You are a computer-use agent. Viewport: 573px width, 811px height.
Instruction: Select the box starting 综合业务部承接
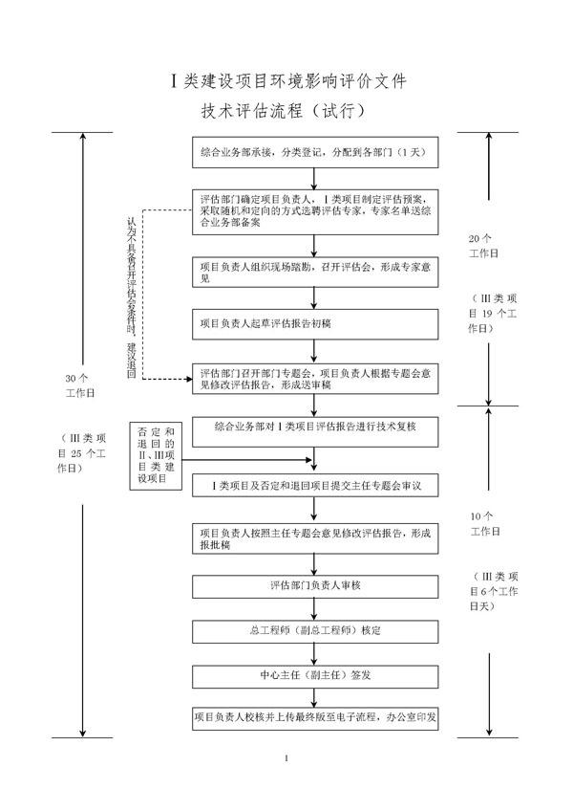(x=314, y=153)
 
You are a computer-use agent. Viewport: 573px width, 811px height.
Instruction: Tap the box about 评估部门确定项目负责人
(x=314, y=209)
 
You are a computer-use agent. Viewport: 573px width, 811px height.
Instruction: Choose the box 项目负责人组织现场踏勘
(x=314, y=271)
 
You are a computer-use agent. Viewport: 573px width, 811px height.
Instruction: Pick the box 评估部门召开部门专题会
(x=314, y=379)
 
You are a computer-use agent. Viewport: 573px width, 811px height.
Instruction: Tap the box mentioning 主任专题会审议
(x=314, y=486)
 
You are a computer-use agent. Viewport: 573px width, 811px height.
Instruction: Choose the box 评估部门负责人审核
(x=314, y=585)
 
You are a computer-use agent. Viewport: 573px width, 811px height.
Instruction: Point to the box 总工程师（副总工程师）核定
(x=314, y=631)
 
